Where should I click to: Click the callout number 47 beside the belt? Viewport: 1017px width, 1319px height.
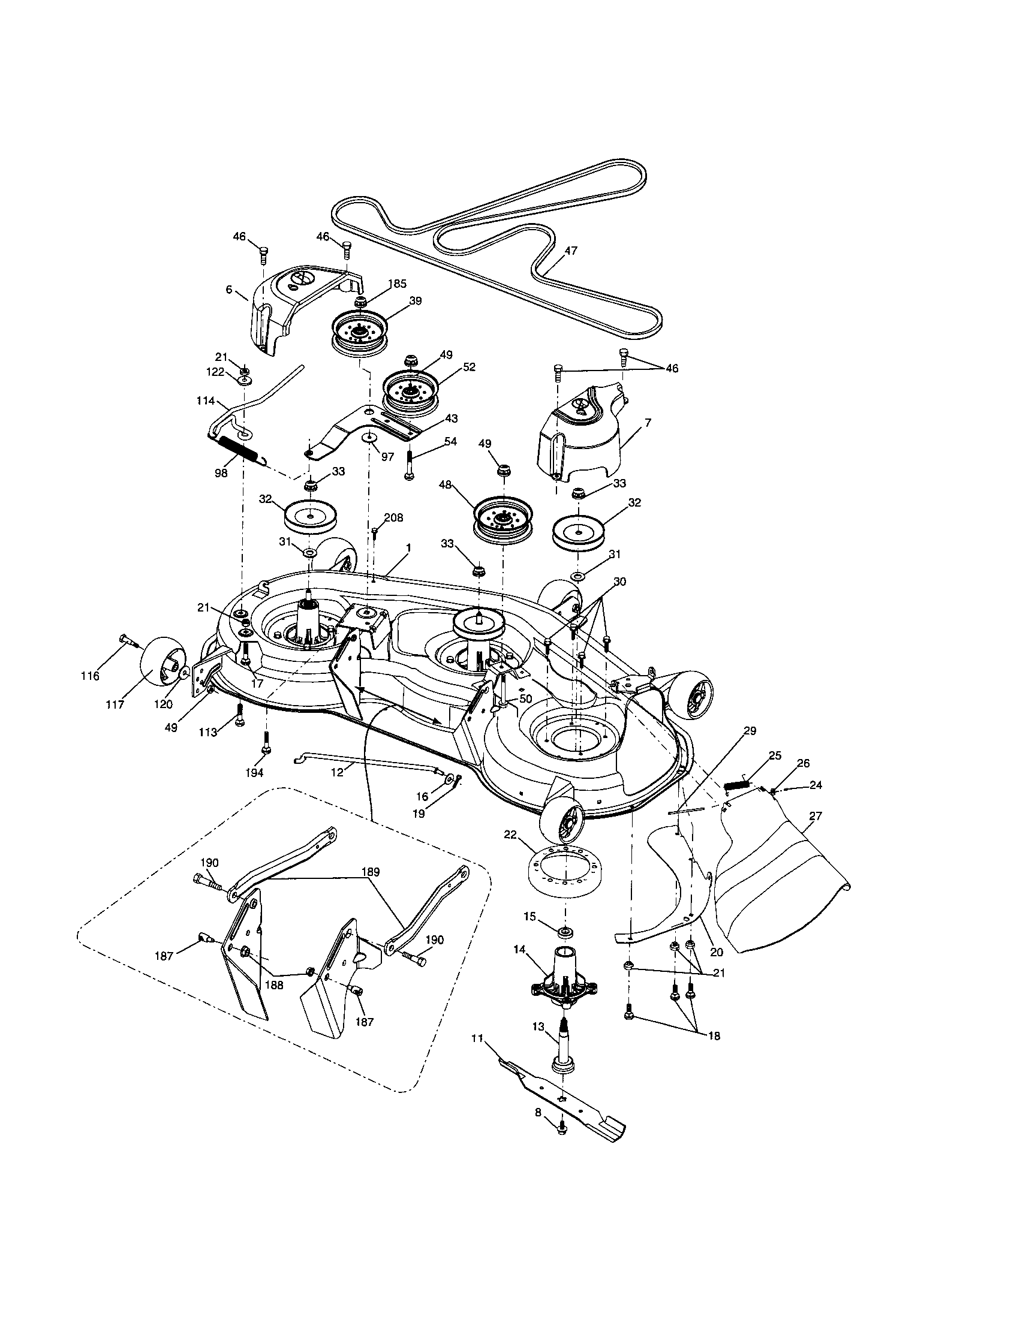click(571, 251)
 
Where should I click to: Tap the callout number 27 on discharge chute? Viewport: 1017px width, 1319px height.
click(816, 815)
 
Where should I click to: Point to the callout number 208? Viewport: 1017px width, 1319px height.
click(393, 517)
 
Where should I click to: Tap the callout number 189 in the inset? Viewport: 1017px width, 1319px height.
click(371, 872)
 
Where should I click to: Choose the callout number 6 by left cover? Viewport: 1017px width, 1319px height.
click(229, 290)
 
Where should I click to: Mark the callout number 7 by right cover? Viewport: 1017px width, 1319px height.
click(648, 423)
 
